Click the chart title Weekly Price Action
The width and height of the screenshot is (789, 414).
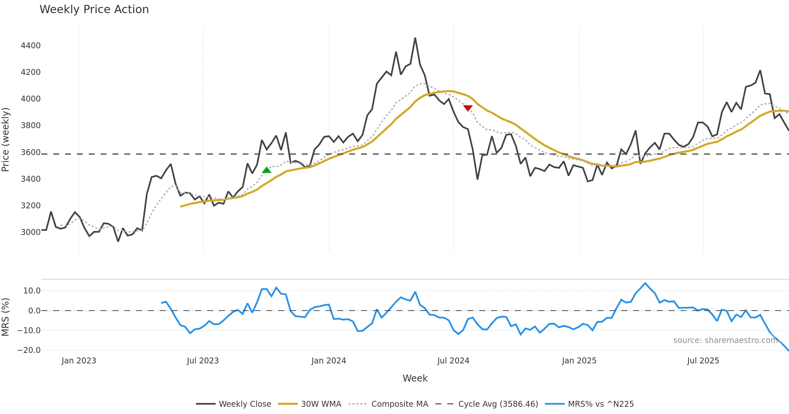click(94, 10)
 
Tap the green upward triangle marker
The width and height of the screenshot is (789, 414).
click(267, 170)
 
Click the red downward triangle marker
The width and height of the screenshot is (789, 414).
click(468, 108)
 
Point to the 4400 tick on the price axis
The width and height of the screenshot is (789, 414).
click(31, 45)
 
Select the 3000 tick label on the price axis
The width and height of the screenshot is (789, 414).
click(31, 232)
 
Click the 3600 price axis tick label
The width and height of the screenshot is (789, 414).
click(31, 152)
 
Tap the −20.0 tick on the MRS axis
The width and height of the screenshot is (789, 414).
click(29, 350)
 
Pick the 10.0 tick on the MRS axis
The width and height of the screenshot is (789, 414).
click(32, 290)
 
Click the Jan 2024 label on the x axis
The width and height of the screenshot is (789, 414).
click(329, 361)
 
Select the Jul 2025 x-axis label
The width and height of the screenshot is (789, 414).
click(703, 361)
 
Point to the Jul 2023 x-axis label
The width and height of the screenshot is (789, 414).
click(203, 361)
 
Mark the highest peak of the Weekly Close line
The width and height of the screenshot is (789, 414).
click(415, 38)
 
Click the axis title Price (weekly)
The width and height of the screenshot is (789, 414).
click(6, 140)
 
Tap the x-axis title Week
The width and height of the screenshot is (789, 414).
click(415, 378)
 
